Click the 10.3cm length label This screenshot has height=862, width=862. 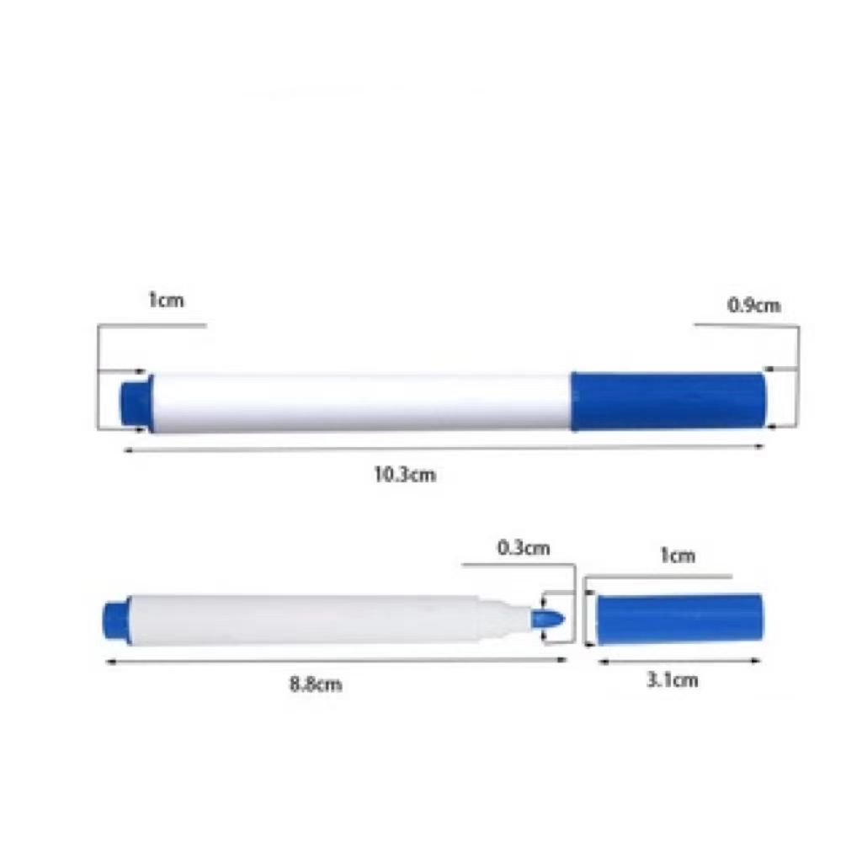405,474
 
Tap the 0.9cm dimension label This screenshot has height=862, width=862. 753,305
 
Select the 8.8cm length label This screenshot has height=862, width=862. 316,684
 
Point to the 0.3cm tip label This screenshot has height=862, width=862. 524,548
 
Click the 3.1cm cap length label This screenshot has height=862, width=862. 673,680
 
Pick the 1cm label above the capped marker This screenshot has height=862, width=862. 166,301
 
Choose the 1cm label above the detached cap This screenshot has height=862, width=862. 678,556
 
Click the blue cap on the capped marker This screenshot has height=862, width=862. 668,401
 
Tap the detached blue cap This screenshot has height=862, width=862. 680,619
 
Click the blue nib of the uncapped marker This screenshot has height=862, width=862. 548,619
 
